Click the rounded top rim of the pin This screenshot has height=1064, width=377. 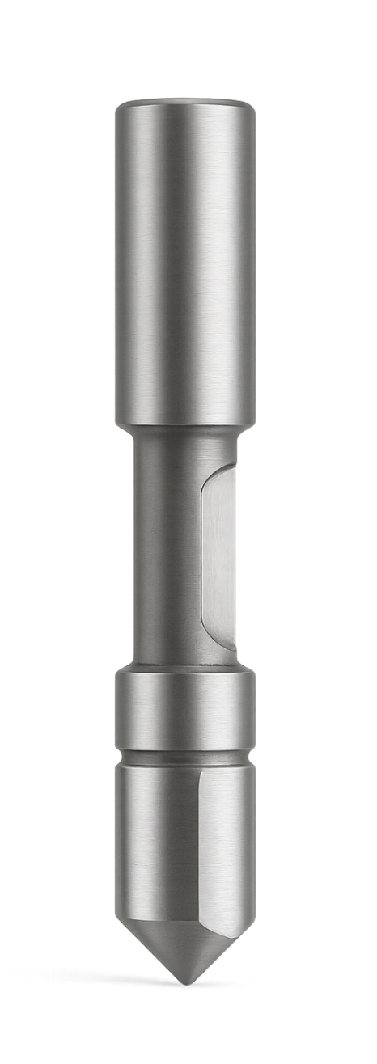pos(184,103)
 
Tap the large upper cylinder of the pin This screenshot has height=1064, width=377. pos(184,259)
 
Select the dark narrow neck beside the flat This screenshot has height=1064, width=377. pos(166,550)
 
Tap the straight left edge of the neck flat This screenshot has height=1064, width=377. pos(201,558)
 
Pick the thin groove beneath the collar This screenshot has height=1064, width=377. pos(184,758)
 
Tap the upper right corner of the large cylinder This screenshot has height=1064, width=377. pos(251,107)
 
